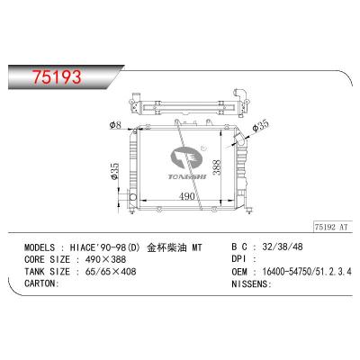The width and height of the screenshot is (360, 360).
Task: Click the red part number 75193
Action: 57,76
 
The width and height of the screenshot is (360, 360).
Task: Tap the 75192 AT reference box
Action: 331,227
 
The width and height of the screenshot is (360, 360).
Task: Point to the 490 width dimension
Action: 187,196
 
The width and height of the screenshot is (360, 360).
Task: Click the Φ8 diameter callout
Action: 115,125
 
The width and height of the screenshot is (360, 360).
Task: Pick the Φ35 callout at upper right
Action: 260,126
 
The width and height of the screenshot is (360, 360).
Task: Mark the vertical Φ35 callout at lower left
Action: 115,171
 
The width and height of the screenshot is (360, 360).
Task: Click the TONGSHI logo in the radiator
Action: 187,163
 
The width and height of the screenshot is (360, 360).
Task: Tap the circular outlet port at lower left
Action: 132,197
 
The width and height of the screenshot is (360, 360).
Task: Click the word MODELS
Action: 40,247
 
